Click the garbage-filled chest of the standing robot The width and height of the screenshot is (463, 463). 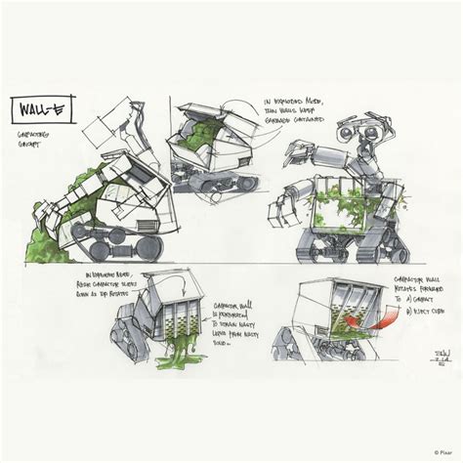tap(341, 206)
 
